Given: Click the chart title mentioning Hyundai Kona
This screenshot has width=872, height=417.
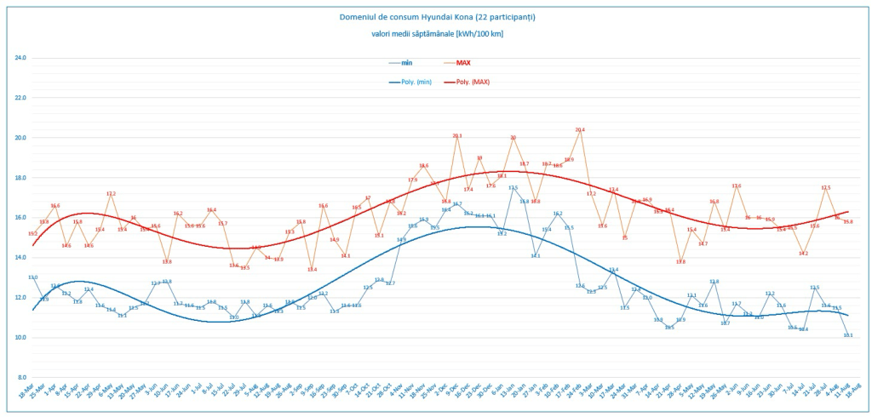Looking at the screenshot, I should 436,17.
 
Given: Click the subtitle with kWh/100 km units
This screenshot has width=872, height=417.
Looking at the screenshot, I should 436,33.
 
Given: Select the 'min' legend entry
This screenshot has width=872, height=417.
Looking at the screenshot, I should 406,62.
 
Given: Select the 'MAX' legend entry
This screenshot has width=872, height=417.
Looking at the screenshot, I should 463,62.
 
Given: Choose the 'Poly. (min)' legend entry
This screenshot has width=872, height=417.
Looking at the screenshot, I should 412,82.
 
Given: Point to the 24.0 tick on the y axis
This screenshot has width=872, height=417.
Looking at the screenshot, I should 20,58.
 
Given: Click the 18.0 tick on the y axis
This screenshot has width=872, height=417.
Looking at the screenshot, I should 20,178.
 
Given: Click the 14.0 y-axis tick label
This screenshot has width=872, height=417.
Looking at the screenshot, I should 20,258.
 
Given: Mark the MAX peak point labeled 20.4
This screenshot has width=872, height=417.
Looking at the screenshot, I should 580,130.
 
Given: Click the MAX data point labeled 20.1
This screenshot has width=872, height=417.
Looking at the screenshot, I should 457,136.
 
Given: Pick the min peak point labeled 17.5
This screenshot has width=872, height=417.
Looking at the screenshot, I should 513,188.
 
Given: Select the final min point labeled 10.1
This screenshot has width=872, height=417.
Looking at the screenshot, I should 848,335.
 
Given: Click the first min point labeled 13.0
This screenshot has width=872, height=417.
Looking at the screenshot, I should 32,277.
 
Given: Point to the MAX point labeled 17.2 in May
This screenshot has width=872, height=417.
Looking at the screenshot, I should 111,194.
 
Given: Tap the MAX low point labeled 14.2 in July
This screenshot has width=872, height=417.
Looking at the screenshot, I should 804,254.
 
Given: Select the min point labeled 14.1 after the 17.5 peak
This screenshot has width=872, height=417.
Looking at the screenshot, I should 536,255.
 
